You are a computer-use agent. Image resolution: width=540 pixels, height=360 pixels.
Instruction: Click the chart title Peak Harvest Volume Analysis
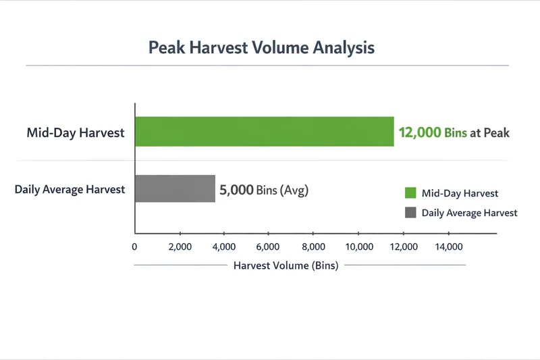point(261,48)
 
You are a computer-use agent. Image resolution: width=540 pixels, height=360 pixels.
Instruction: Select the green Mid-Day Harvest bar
point(264,132)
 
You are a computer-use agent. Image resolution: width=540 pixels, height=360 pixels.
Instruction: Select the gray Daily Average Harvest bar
point(175,189)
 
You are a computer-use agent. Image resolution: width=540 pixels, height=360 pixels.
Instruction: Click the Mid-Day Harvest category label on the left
point(76,132)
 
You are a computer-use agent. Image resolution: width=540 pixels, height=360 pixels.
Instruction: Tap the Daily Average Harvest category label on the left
point(70,189)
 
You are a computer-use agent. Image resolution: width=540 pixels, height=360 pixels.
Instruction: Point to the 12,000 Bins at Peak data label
point(454,132)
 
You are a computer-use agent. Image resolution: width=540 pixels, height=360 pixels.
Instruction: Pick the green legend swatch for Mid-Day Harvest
point(410,193)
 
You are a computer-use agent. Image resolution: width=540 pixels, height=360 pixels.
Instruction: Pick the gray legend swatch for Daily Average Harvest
point(410,212)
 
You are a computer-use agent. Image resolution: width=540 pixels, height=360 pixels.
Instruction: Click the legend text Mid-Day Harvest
point(460,193)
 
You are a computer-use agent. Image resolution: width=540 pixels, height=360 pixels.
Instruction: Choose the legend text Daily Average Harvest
point(469,212)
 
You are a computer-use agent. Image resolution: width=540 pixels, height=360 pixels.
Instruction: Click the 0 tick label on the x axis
point(135,247)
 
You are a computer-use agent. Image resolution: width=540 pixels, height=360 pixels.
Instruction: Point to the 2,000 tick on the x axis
point(180,247)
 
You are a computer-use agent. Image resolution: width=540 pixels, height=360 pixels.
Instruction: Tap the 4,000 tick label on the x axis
point(224,247)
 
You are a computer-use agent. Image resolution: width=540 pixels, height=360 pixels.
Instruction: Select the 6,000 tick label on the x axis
point(269,247)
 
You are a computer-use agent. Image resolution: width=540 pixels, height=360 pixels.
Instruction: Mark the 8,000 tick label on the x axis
point(313,247)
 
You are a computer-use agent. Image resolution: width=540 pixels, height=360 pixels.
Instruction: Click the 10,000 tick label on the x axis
point(358,247)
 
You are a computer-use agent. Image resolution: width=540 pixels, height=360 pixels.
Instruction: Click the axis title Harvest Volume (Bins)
point(286,265)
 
